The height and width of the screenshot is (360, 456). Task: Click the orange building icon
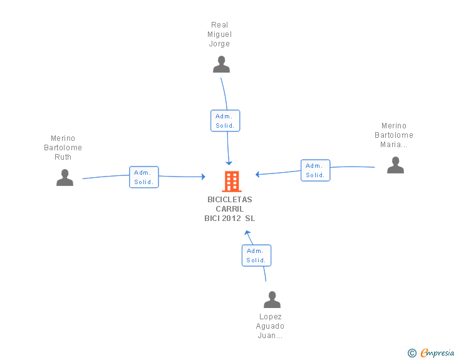(x=232, y=182)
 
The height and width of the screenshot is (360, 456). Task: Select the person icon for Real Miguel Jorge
(x=221, y=64)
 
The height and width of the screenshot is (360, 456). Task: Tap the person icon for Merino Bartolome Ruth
(x=65, y=177)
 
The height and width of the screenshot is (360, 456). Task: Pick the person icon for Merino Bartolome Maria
(x=395, y=165)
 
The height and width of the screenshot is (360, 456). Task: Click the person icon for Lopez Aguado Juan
(x=272, y=299)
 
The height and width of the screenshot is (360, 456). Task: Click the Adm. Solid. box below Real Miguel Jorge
(x=225, y=121)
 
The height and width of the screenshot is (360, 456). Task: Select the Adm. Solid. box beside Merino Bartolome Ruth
(x=144, y=177)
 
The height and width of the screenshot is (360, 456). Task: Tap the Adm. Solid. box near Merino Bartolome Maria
(x=316, y=170)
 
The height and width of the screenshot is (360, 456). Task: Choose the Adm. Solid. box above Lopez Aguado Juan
(x=257, y=255)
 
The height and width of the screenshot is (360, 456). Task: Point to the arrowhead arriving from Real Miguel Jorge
(x=229, y=163)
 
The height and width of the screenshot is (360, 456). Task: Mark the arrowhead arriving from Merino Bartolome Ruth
(x=204, y=177)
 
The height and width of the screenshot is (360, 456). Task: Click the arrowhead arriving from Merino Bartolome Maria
(x=257, y=174)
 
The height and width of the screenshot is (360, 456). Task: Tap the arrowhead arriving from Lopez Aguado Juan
(x=247, y=233)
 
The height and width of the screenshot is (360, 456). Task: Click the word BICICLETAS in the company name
(x=230, y=200)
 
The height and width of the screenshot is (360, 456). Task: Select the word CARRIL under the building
(x=230, y=208)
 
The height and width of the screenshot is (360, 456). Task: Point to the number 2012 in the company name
(x=232, y=218)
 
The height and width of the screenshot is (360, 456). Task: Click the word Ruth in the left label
(x=63, y=157)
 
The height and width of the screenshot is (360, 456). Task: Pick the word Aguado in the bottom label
(x=270, y=326)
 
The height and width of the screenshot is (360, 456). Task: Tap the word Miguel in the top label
(x=220, y=34)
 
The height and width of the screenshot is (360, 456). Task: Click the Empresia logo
(x=431, y=352)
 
